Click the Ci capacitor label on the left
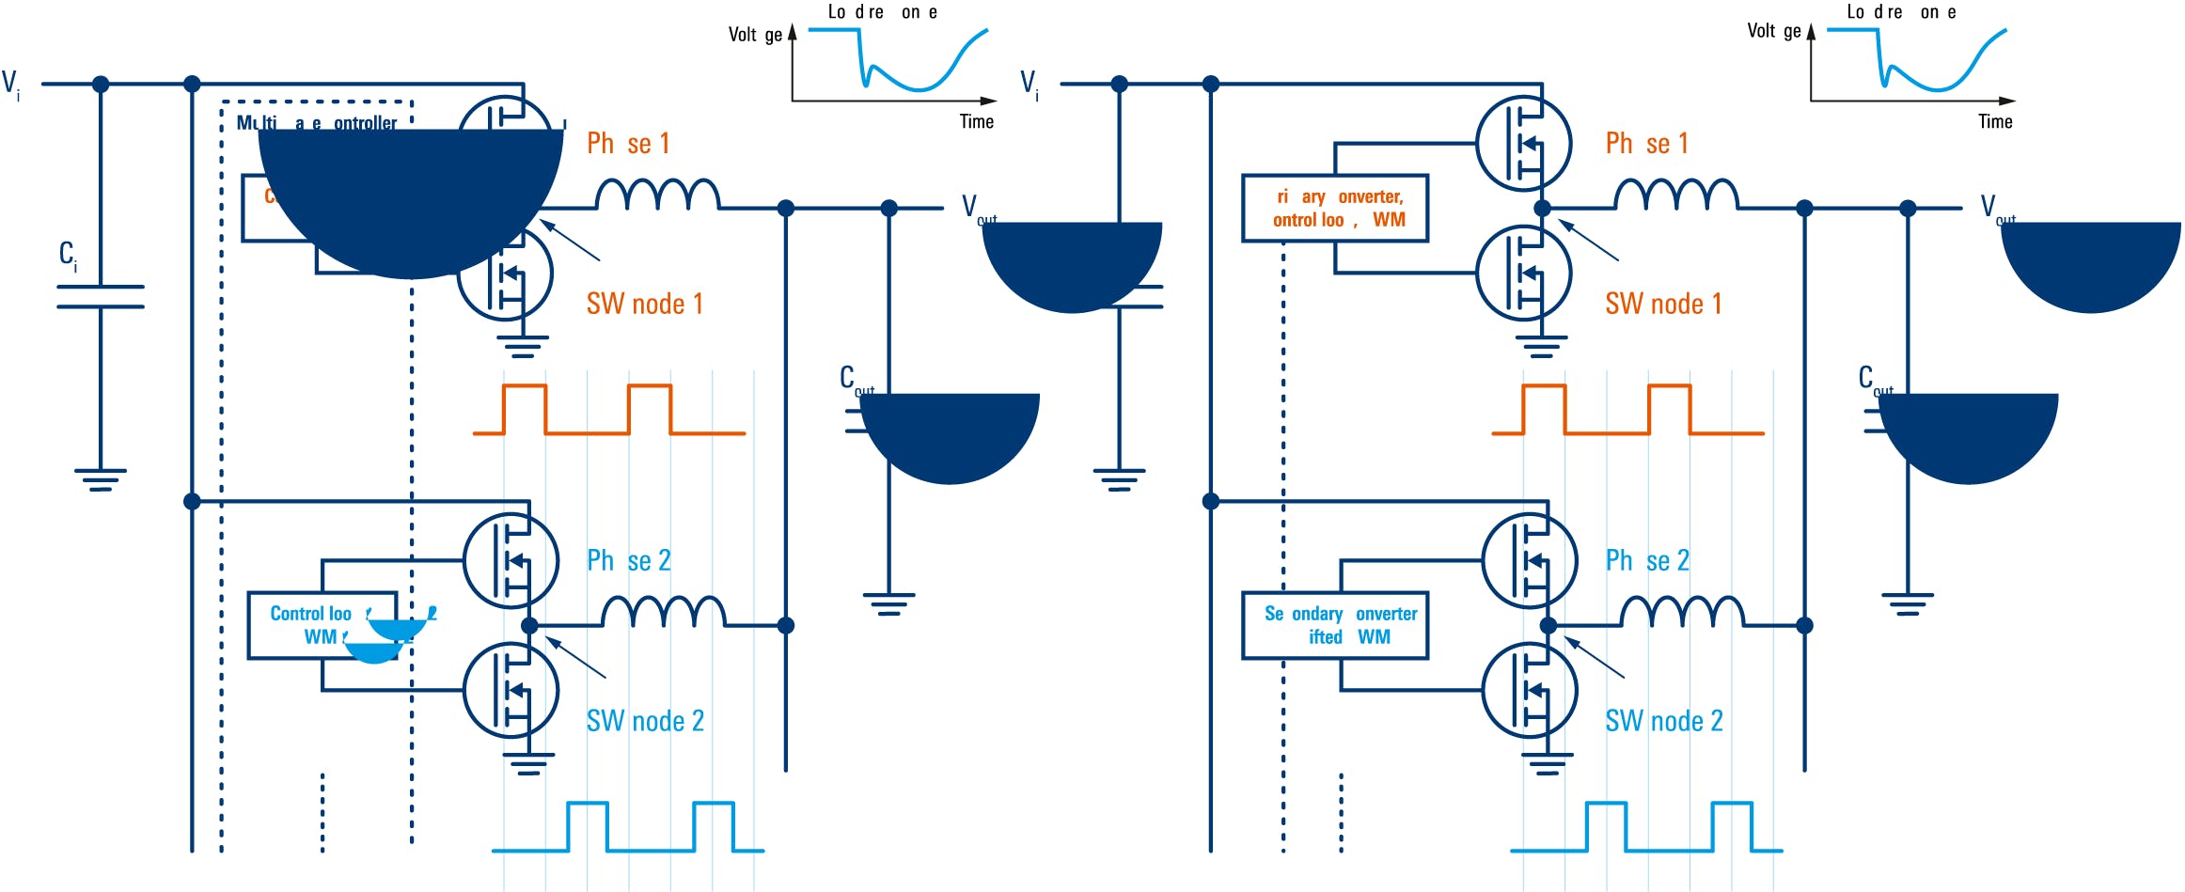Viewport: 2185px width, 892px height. coord(68,256)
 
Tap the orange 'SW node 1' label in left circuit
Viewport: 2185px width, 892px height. coord(644,304)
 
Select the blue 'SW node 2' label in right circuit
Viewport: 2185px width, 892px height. coord(1663,721)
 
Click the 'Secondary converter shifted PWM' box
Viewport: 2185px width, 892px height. coord(1335,625)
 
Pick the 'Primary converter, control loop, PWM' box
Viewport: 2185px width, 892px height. coord(1335,208)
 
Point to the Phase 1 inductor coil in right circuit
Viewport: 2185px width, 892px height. coord(1676,196)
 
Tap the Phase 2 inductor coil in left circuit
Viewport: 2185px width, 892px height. coord(663,613)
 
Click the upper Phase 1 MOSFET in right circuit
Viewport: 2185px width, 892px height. coord(1523,144)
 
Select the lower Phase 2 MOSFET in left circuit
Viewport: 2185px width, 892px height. coord(511,691)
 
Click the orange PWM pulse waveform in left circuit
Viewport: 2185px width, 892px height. coord(608,410)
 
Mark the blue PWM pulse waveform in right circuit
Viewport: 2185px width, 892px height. coord(1645,827)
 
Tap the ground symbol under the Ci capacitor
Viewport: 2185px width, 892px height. coord(101,479)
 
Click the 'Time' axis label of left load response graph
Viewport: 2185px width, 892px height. coord(976,121)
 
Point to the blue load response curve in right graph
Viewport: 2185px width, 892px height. coord(1937,75)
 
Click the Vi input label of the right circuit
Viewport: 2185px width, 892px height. coord(1030,84)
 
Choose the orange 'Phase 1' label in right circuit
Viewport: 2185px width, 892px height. coord(1646,144)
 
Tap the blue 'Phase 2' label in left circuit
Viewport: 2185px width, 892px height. coord(628,561)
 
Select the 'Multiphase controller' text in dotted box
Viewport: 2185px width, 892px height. coord(317,123)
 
